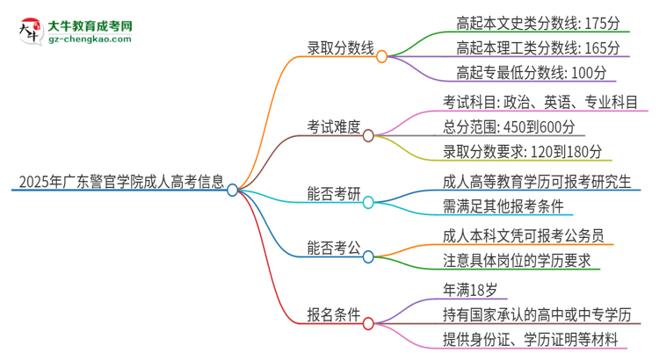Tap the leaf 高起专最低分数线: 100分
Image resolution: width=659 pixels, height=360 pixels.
click(x=531, y=72)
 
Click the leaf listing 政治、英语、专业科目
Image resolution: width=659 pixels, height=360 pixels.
click(x=541, y=101)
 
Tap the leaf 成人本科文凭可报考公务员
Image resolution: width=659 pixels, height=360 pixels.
click(x=525, y=235)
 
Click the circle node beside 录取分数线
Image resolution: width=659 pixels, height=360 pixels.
click(x=382, y=57)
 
